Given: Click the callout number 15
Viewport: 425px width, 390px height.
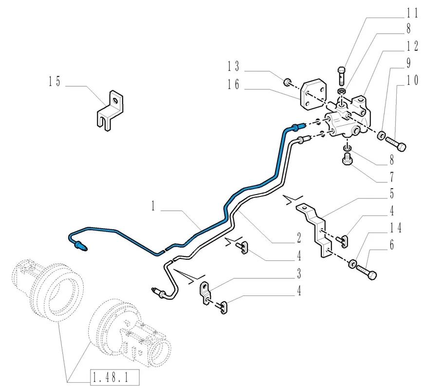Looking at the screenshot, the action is tap(55, 81).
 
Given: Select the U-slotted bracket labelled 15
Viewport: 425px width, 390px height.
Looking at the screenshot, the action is tap(110, 111).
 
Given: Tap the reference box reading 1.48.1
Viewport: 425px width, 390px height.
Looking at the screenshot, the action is tap(115, 377).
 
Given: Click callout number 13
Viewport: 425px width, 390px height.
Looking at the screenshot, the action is tap(233, 66).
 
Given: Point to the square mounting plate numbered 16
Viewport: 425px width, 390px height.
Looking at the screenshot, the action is tap(313, 95).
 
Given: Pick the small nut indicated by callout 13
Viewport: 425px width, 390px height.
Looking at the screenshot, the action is tap(287, 82).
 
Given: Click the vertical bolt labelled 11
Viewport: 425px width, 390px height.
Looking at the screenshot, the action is tap(342, 76).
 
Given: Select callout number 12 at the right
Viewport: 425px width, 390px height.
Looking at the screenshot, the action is tap(412, 46).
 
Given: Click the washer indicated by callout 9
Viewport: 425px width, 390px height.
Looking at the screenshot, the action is tap(381, 135).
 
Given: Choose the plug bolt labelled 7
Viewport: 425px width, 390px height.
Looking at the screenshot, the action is tap(347, 159).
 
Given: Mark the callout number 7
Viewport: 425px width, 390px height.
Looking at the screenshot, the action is tap(392, 177).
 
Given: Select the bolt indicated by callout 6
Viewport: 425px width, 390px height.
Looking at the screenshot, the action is tap(367, 272).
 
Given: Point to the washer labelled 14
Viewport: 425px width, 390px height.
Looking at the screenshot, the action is tap(352, 264).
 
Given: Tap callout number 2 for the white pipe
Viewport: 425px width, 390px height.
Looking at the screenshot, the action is tap(299, 238).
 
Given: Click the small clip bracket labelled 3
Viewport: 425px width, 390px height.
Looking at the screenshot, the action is tap(206, 293).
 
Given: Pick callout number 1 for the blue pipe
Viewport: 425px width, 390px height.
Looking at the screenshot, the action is tap(153, 206).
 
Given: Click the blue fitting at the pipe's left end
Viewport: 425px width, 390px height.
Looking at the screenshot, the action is tap(81, 246).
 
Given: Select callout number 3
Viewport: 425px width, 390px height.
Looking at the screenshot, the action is tap(299, 273).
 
